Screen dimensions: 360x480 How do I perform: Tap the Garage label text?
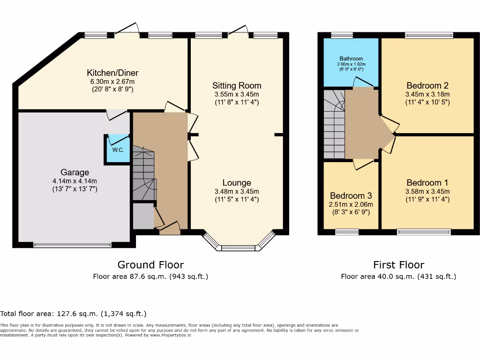[x=75, y=172]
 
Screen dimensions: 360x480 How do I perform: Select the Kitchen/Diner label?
[x=112, y=73]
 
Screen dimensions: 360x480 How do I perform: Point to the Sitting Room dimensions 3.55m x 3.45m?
[x=237, y=94]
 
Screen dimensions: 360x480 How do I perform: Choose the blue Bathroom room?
[x=351, y=63]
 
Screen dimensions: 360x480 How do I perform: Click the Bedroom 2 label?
[x=427, y=85]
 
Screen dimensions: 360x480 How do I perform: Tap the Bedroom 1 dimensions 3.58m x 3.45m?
[x=427, y=191]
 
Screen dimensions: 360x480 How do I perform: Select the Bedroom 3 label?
[x=351, y=195]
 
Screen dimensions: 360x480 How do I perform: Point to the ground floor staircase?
[x=143, y=173]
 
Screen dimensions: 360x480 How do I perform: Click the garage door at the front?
[x=72, y=244]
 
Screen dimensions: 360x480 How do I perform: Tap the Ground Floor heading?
[x=150, y=265]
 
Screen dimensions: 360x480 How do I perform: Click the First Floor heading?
[x=398, y=265]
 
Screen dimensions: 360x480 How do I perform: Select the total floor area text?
[x=74, y=314]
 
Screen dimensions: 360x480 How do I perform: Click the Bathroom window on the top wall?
[x=342, y=35]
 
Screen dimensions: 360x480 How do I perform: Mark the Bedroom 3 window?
[x=347, y=231]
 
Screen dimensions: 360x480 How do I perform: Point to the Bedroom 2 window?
[x=429, y=35]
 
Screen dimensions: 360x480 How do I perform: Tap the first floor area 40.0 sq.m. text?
[x=398, y=277]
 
